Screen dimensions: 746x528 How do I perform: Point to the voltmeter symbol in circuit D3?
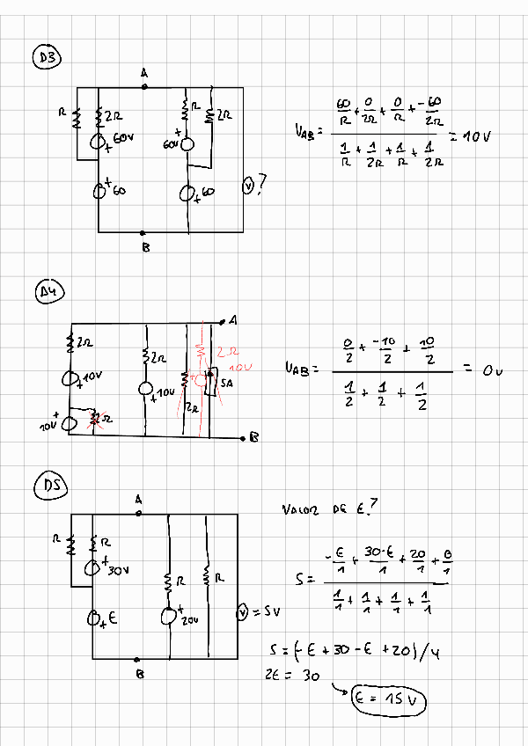[x=248, y=186]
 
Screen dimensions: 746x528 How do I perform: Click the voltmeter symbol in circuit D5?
[x=244, y=612]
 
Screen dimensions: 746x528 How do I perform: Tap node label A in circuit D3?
[x=143, y=74]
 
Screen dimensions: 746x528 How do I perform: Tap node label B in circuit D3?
[x=145, y=248]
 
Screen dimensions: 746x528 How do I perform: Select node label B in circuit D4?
[x=253, y=437]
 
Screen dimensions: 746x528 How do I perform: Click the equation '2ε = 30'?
[x=287, y=675]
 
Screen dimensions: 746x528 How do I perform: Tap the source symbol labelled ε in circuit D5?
[x=93, y=619]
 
